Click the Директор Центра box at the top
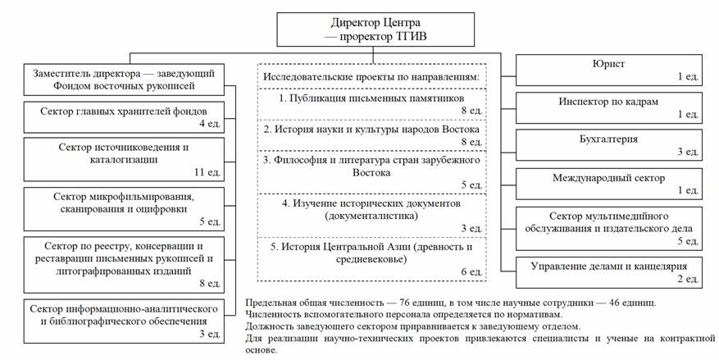pyautogui.click(x=375, y=29)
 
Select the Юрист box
pyautogui.click(x=609, y=71)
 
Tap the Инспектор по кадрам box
pyautogui.click(x=609, y=107)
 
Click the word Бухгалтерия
pyautogui.click(x=608, y=139)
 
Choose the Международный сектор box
pyautogui.click(x=609, y=184)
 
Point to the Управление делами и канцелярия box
pyautogui.click(x=609, y=272)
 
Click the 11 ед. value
pyautogui.click(x=207, y=172)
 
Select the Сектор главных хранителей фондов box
pyautogui.click(x=124, y=117)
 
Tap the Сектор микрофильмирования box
pyautogui.click(x=124, y=209)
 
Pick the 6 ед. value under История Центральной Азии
pyautogui.click(x=471, y=272)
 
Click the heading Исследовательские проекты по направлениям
pyautogui.click(x=371, y=77)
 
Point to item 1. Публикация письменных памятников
pyautogui.click(x=371, y=98)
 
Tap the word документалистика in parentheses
pyautogui.click(x=371, y=216)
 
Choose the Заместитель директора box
pyautogui.click(x=124, y=80)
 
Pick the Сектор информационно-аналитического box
pyautogui.click(x=124, y=321)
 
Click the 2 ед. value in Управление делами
pyautogui.click(x=688, y=279)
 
